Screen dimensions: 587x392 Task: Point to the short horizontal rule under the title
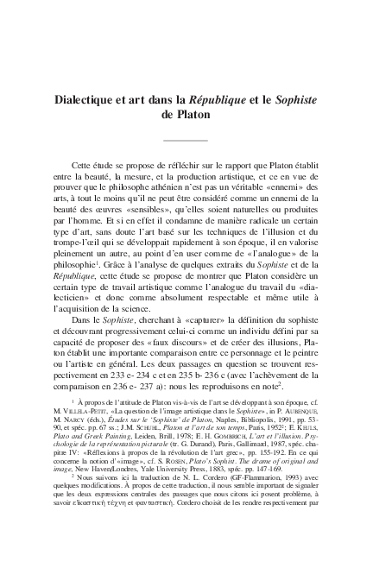186,139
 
